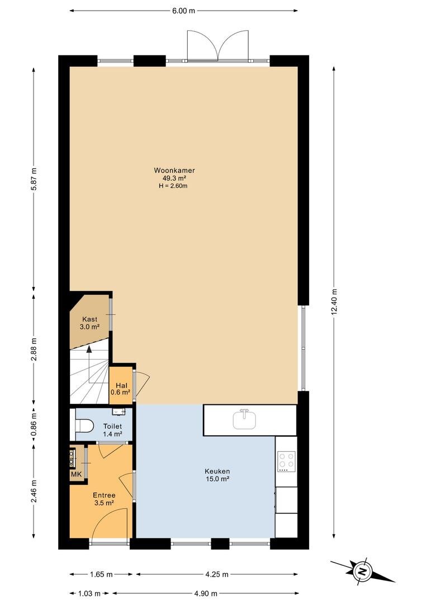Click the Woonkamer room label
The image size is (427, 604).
174,170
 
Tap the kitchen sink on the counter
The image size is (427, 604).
245,419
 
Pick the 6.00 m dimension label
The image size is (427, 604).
184,11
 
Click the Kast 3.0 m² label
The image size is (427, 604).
90,323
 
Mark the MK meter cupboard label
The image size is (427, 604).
76,474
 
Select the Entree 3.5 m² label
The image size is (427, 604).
104,499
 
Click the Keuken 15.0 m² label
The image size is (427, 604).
217,475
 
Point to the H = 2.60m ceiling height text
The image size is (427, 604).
173,186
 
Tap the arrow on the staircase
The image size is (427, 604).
89,364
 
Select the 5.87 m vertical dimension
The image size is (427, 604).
34,179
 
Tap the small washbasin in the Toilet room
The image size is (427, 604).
118,412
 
